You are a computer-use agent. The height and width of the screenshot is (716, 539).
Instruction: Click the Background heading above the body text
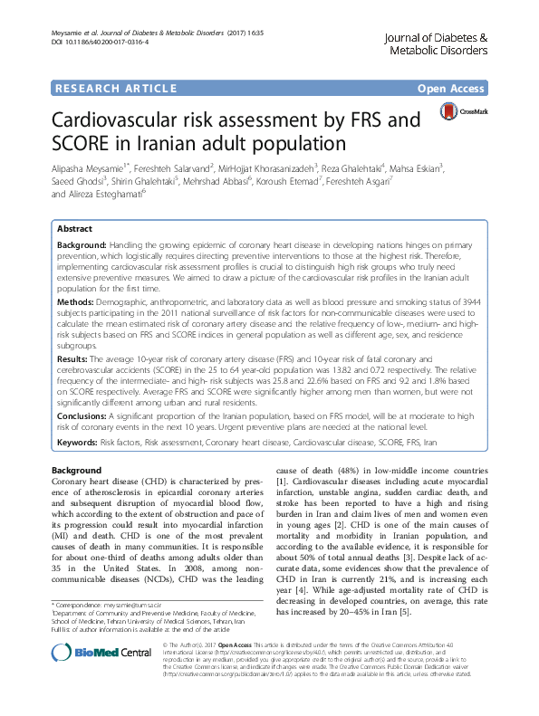point(76,472)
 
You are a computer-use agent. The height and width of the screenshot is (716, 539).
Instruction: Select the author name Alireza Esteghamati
point(120,194)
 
